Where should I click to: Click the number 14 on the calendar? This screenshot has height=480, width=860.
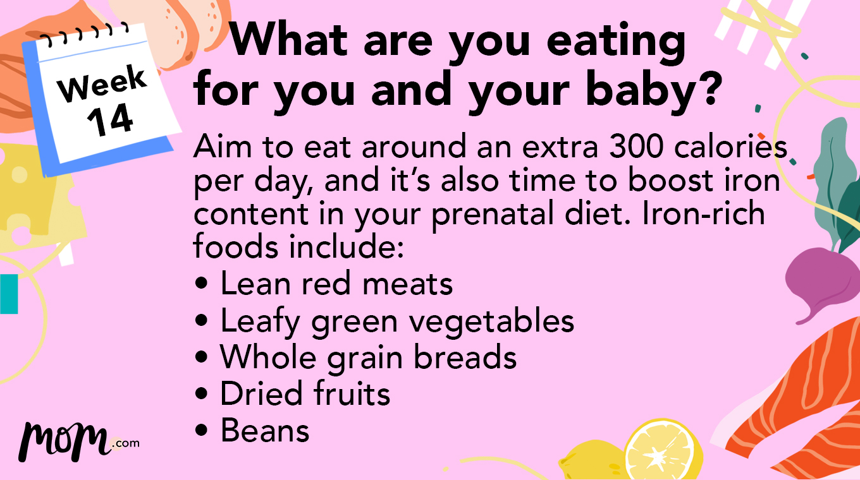[111, 120]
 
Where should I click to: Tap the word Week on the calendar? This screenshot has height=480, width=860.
[102, 85]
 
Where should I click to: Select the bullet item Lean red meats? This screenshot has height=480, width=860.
[336, 284]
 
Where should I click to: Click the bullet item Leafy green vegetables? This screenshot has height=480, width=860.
[396, 321]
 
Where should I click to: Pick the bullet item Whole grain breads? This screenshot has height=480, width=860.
[368, 357]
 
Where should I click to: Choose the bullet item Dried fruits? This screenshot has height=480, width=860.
[305, 393]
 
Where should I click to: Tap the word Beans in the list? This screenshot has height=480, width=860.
[265, 430]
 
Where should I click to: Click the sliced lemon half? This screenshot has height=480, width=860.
[663, 452]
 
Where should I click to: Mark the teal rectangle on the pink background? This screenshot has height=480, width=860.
[9, 294]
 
